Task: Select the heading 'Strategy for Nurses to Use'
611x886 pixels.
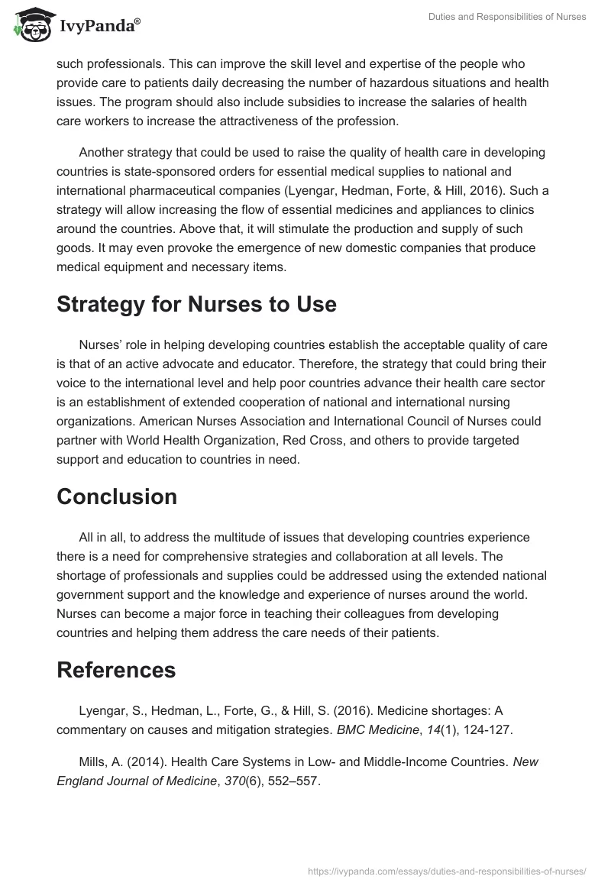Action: click(196, 304)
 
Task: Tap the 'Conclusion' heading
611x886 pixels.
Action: click(117, 496)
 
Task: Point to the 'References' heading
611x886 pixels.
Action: click(116, 669)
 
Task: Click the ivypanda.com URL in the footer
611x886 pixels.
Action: click(447, 870)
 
